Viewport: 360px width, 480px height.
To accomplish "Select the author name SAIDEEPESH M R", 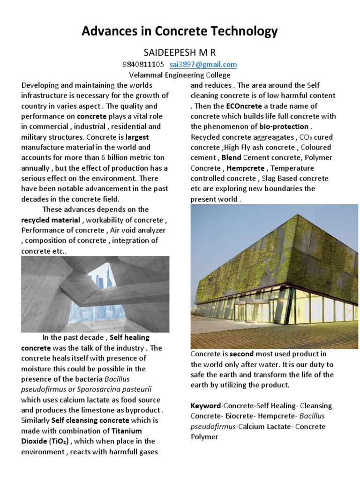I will [180, 52].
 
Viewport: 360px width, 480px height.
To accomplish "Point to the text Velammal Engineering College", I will [180, 75].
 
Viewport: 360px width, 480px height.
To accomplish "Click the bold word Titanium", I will [126, 431].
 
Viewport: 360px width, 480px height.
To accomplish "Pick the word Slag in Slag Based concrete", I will [267, 179].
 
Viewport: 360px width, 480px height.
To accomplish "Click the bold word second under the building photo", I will [241, 354].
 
